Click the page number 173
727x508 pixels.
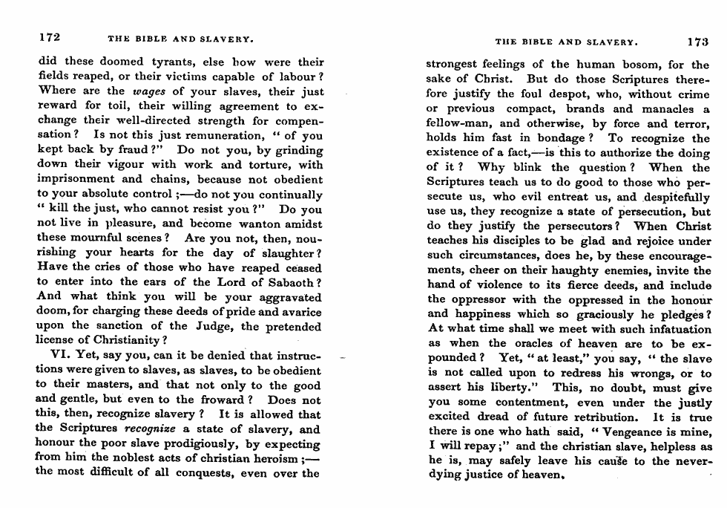(x=698, y=42)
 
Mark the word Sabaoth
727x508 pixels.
(x=292, y=282)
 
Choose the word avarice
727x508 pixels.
(x=298, y=311)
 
